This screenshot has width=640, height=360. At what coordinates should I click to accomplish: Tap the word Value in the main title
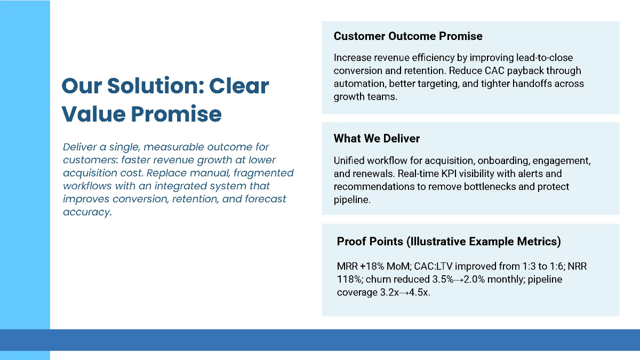[x=93, y=114]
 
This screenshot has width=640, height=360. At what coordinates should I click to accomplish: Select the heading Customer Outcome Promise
[x=408, y=36]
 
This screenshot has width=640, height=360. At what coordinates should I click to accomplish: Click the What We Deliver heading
[x=377, y=139]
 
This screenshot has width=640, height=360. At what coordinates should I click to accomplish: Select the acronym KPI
[x=451, y=174]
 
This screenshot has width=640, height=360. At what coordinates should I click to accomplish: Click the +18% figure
[x=372, y=266]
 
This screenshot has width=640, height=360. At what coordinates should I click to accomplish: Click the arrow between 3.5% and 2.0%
[x=459, y=279]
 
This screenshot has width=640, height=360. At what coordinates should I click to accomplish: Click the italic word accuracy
[x=87, y=212]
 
